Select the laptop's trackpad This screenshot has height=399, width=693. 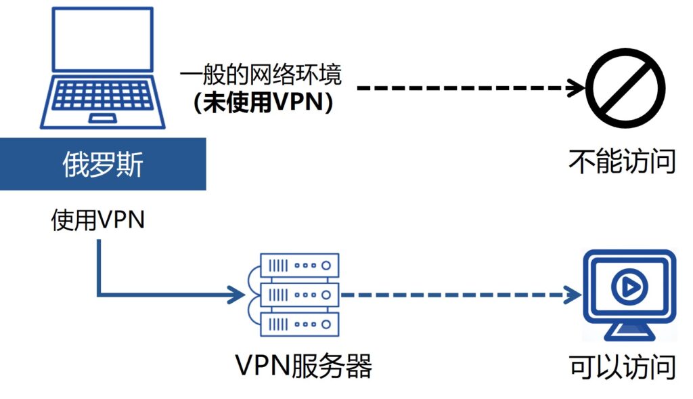tap(103, 119)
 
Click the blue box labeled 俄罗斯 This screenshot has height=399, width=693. tap(103, 164)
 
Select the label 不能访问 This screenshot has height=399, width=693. tap(622, 163)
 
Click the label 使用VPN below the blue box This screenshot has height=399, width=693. tap(98, 221)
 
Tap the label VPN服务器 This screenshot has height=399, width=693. tap(304, 367)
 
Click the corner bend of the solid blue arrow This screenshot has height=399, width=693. tap(99, 295)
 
